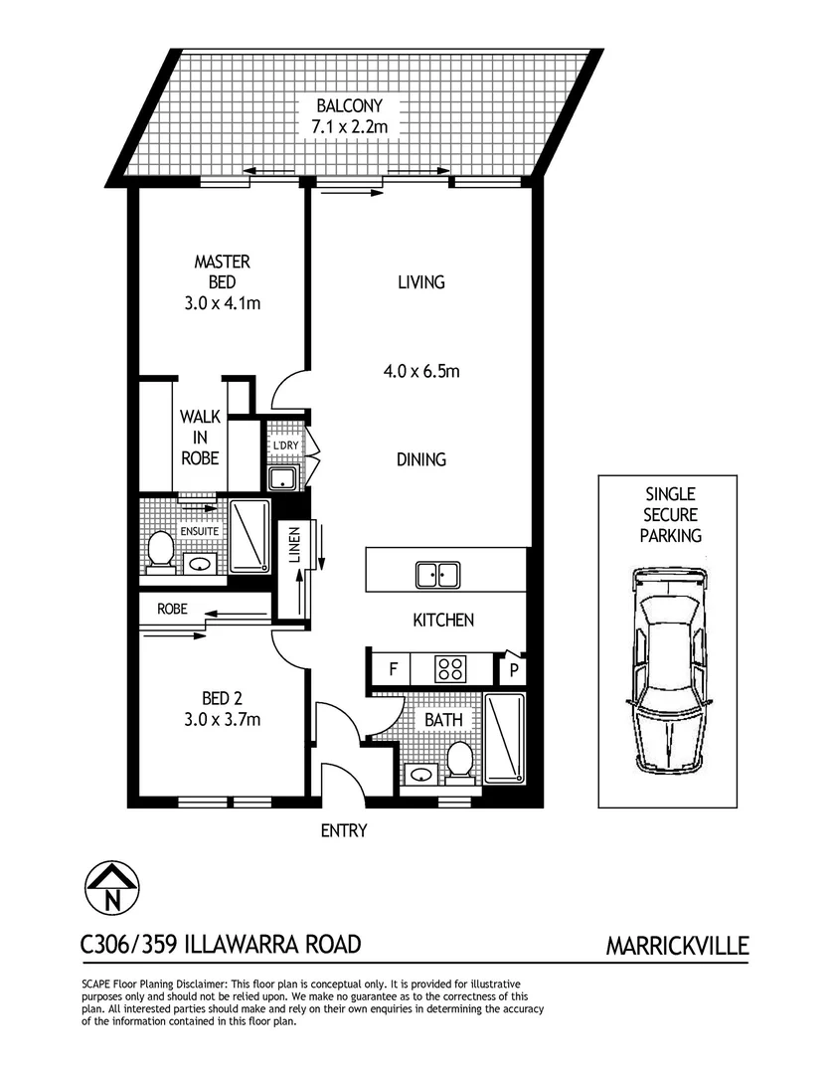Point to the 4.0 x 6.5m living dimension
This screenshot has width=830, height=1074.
(420, 372)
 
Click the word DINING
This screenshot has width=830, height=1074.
(420, 459)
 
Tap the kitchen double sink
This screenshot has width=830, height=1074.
(437, 574)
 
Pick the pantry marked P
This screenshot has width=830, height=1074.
(514, 669)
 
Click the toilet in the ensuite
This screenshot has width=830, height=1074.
(160, 550)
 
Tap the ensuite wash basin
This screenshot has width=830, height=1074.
(200, 564)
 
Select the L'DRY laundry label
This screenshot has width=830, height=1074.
(285, 446)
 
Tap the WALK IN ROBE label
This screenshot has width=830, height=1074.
(200, 438)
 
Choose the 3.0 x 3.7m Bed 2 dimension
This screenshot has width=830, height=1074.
(222, 718)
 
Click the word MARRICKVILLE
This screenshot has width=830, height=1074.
(677, 946)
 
